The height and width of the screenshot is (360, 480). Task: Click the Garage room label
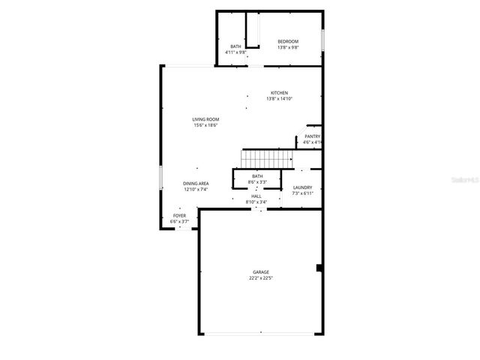tap(260, 272)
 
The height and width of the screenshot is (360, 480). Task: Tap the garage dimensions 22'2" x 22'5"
tap(260, 278)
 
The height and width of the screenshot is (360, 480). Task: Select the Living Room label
tap(205, 119)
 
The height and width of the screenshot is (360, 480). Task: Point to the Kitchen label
tap(279, 93)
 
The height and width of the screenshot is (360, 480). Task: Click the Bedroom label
tap(288, 41)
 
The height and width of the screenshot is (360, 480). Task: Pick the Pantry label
tap(312, 136)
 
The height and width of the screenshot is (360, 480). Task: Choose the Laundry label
tap(302, 187)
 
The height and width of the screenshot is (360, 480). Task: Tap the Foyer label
tap(179, 216)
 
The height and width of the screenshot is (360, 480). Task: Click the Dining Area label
tap(196, 184)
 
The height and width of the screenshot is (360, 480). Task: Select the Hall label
tap(256, 196)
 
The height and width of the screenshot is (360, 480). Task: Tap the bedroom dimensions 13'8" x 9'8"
tap(288, 47)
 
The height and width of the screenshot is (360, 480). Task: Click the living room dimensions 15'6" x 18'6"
tap(205, 125)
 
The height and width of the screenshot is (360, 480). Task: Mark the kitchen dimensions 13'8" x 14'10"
tap(279, 99)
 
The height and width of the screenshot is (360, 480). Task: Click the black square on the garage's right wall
tap(319, 268)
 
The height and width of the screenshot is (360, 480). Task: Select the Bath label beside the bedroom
tap(235, 46)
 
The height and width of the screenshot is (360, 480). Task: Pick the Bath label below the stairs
tap(257, 176)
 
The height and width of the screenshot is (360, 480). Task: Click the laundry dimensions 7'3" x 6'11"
tap(302, 193)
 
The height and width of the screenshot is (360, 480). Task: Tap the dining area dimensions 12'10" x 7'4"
tap(196, 190)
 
